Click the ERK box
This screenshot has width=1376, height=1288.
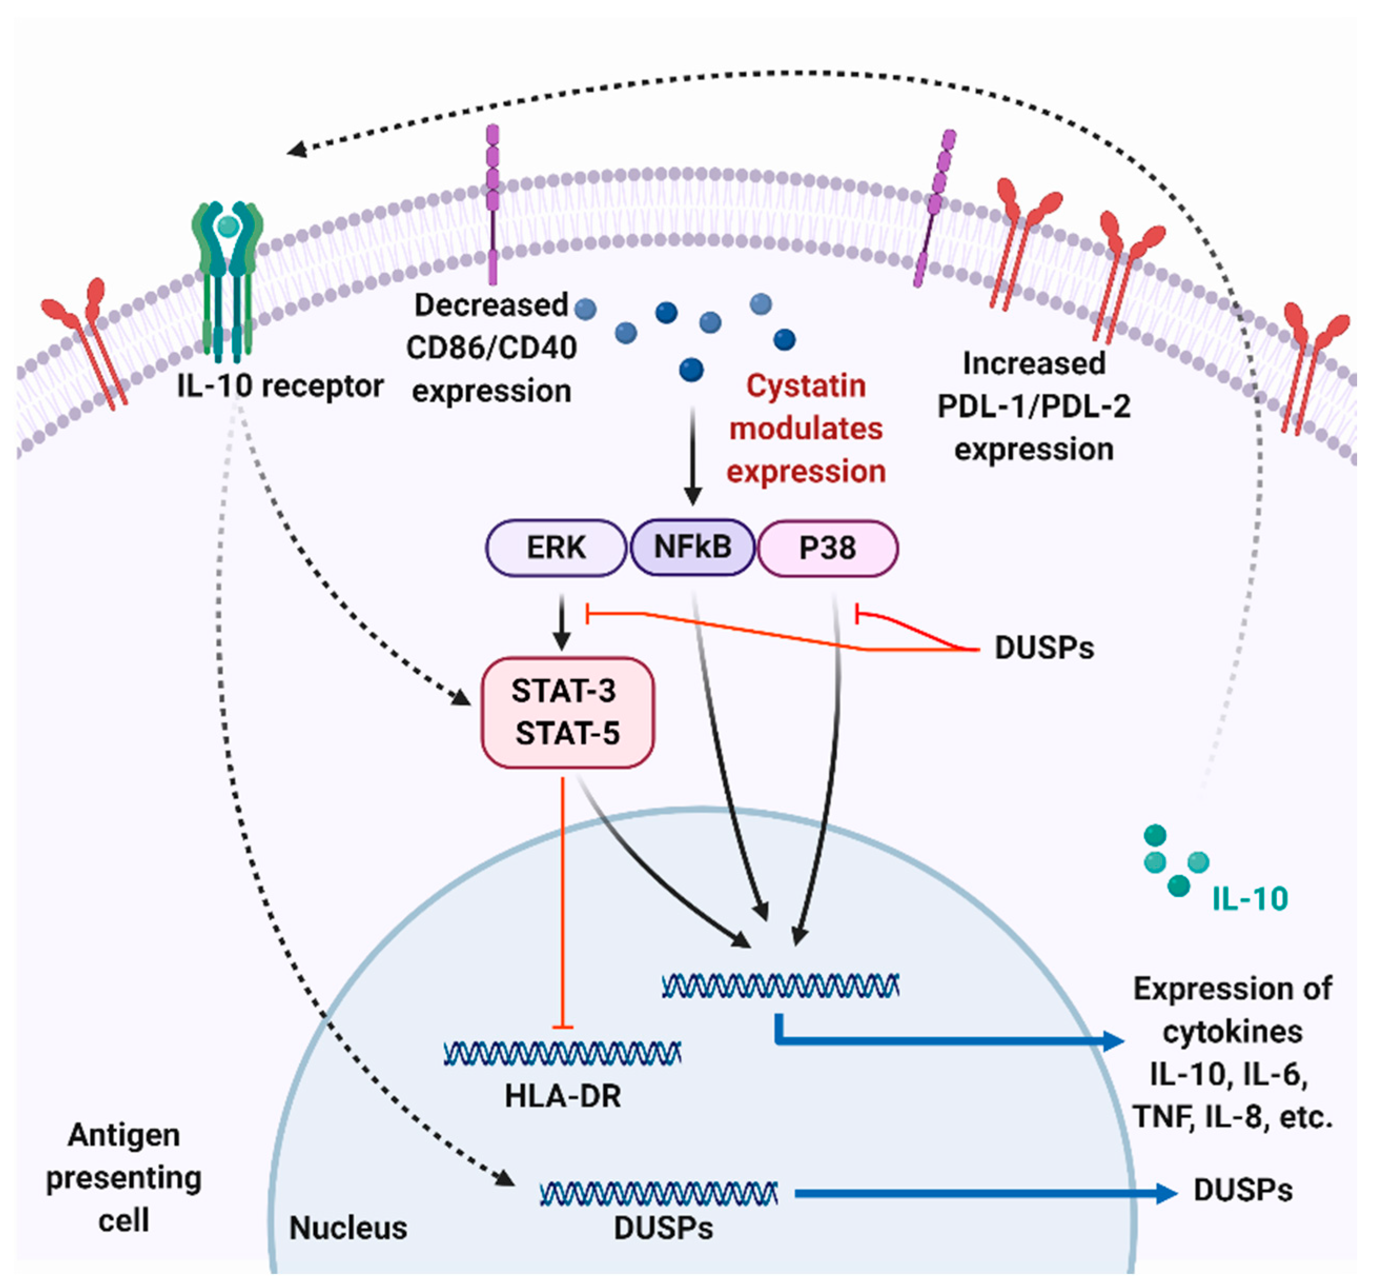click(x=556, y=548)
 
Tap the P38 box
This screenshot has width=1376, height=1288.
click(x=828, y=548)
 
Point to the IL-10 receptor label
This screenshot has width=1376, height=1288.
click(x=280, y=386)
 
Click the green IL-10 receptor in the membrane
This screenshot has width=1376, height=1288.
click(x=228, y=277)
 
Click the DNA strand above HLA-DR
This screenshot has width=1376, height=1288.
click(x=562, y=1053)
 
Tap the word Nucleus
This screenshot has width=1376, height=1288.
click(x=348, y=1228)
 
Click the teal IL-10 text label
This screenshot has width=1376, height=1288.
click(x=1249, y=899)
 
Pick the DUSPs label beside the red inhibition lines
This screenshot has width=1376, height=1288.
click(x=1044, y=648)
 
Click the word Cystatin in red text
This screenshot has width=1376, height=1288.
click(x=806, y=386)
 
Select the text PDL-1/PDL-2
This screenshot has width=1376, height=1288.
click(x=1033, y=406)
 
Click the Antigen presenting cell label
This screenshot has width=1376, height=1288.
click(x=124, y=1177)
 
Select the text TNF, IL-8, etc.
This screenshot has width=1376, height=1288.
click(x=1232, y=1117)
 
